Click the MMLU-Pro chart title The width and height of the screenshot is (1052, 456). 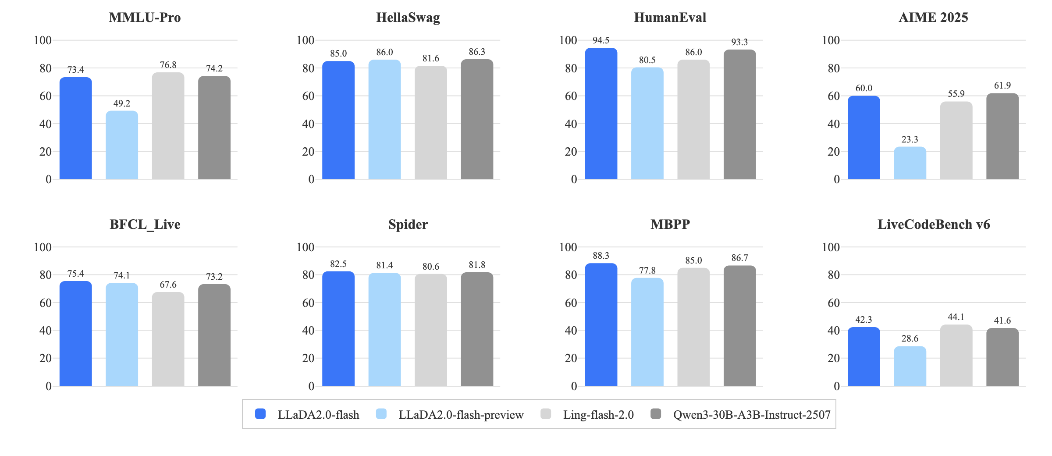[x=145, y=18]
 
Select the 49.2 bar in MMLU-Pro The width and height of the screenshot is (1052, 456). [x=122, y=145]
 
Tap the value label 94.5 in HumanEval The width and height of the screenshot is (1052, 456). [x=601, y=40]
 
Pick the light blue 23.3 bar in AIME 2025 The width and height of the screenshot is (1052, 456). [x=910, y=163]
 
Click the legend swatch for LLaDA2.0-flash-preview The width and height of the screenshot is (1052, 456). [x=381, y=414]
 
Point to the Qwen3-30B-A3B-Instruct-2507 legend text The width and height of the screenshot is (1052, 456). [x=752, y=415]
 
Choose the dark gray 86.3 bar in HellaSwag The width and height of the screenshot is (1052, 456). [x=477, y=119]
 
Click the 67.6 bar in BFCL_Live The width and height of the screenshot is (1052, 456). [x=168, y=339]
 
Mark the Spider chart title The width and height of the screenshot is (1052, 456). [x=408, y=224]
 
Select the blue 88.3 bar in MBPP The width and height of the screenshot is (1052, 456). [x=601, y=324]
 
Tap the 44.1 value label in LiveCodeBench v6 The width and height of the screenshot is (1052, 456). [x=956, y=317]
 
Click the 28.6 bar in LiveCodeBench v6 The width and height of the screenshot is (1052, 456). [x=910, y=366]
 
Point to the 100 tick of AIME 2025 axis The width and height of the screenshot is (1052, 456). [x=831, y=40]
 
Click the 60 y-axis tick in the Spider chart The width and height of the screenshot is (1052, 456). [x=308, y=303]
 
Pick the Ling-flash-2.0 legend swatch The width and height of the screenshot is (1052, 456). [x=546, y=414]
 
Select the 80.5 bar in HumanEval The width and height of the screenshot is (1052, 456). [x=647, y=123]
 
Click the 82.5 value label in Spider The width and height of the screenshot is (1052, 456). [x=338, y=264]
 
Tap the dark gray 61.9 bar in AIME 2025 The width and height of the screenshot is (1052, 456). [x=1002, y=136]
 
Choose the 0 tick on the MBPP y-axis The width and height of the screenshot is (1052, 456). [x=574, y=386]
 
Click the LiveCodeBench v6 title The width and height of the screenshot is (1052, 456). [x=934, y=224]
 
